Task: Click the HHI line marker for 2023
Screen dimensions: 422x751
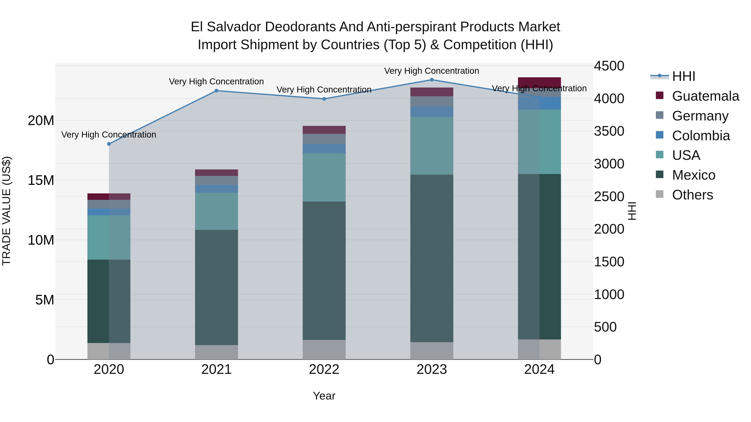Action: coord(432,80)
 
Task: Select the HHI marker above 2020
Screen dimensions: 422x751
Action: coord(109,144)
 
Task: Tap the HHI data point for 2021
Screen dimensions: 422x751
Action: coord(216,91)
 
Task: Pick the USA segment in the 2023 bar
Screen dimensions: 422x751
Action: coord(432,146)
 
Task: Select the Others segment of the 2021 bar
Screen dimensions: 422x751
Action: coord(216,352)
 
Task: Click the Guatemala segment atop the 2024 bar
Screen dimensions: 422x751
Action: coord(539,81)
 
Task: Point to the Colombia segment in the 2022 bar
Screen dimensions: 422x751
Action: coord(324,149)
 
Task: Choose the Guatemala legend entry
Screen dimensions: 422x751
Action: coord(706,96)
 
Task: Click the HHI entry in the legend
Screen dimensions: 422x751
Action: coord(683,76)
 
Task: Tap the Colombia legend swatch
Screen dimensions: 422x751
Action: coord(659,135)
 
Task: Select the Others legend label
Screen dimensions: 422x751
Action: coord(692,195)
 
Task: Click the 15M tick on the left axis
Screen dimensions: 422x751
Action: coord(41,180)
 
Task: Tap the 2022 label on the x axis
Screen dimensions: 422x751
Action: coord(324,369)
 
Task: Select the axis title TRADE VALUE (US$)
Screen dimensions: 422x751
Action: coord(6,211)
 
